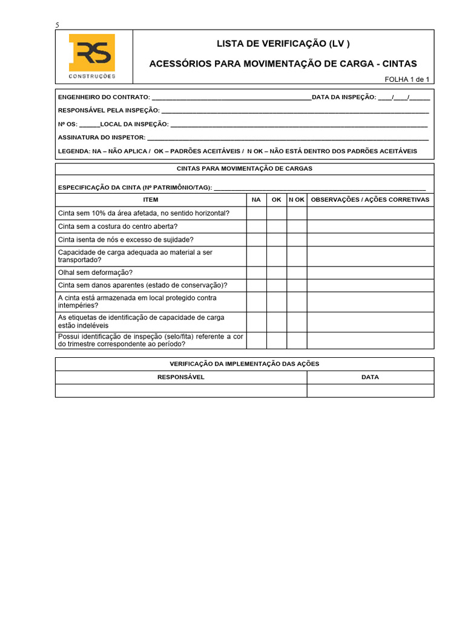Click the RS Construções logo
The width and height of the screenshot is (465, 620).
click(91, 57)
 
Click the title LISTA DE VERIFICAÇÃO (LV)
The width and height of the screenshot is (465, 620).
click(283, 44)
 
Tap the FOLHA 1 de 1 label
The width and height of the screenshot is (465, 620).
click(407, 79)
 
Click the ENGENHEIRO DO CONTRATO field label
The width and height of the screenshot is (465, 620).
click(104, 97)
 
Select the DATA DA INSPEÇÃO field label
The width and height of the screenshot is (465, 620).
click(343, 97)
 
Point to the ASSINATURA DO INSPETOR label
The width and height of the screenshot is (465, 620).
click(102, 137)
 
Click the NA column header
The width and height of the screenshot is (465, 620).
click(256, 199)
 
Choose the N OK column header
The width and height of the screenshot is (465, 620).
click(297, 199)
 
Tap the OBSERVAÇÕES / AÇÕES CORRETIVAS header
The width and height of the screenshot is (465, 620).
click(370, 199)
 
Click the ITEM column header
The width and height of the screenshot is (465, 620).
click(151, 199)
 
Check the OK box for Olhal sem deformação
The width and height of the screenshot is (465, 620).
click(277, 272)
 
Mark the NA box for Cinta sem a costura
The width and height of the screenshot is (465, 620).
click(256, 226)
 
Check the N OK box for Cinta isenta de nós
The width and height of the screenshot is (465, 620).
click(297, 240)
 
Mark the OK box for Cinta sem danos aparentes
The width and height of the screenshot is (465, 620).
click(277, 285)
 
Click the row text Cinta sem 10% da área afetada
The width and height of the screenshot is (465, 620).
click(143, 213)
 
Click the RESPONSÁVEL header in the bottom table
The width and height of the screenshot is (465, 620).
click(181, 377)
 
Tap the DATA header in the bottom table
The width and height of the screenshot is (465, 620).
click(370, 377)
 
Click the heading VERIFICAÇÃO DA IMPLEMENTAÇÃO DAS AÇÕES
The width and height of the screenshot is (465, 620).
click(244, 364)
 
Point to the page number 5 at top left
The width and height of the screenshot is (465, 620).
click(58, 25)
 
